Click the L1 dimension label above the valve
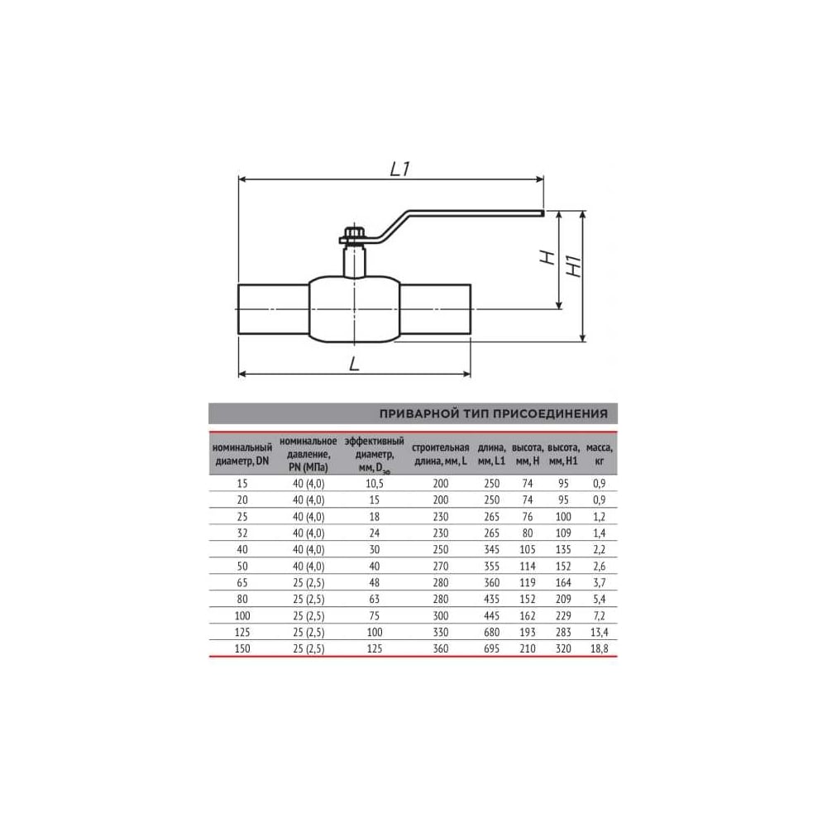[x=399, y=169]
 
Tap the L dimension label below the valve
[x=355, y=363]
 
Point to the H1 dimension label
[x=574, y=266]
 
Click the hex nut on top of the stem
[x=351, y=234]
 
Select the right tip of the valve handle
[x=543, y=213]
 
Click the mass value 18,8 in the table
[x=599, y=648]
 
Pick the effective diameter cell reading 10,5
[x=374, y=484]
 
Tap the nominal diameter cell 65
[x=242, y=583]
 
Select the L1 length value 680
[x=491, y=633]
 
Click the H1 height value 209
[x=563, y=599]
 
